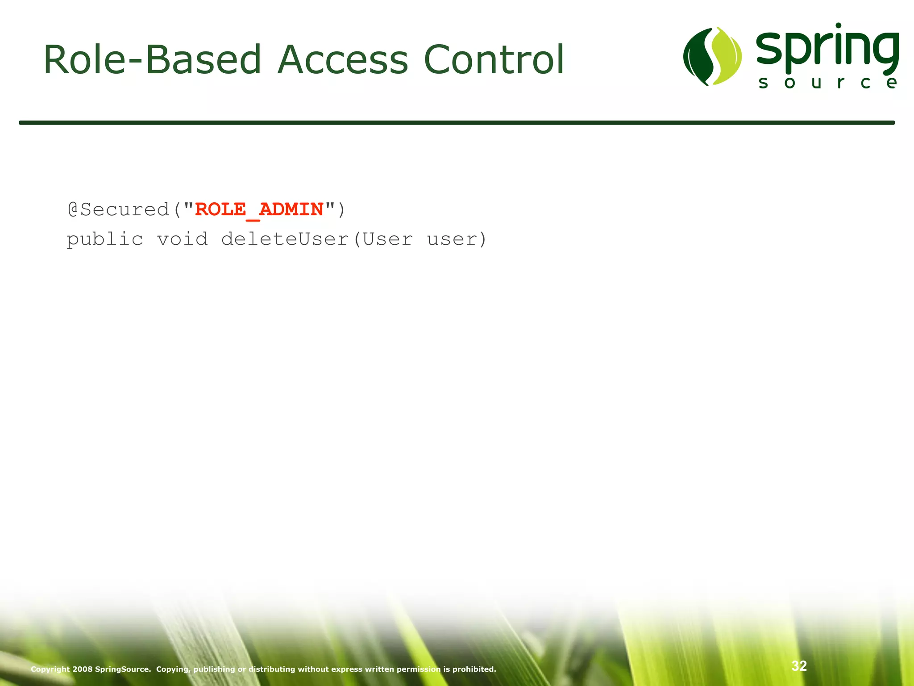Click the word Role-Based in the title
pos(152,60)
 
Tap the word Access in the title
pos(342,60)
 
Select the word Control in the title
pos(494,60)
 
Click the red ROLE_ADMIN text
pos(259,209)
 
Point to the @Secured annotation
pos(118,209)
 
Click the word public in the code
pos(105,239)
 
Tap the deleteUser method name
pos(285,239)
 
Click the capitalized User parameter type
pos(387,239)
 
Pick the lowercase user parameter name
pos(453,239)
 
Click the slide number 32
pos(799,666)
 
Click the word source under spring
pos(827,83)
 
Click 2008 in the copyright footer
pos(83,669)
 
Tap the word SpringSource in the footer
pos(123,669)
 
